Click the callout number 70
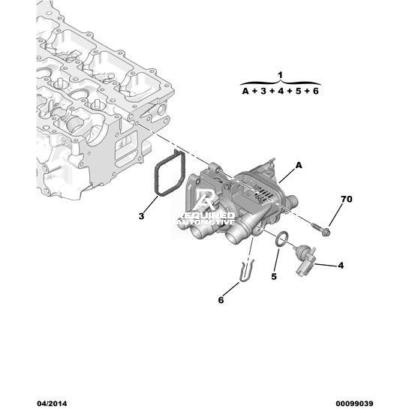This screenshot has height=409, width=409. [347, 199]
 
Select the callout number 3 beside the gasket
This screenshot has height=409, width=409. [141, 216]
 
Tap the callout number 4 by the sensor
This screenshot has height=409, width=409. [341, 266]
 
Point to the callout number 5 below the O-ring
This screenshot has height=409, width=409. [274, 276]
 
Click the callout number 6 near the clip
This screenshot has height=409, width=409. [221, 300]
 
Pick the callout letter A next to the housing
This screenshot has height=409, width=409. [299, 165]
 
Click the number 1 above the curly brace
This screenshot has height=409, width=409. [280, 75]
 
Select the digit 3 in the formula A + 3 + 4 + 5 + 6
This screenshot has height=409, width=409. [263, 91]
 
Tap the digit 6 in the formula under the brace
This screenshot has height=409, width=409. [316, 91]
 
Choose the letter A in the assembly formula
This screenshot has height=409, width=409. [245, 91]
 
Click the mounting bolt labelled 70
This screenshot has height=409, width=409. [321, 229]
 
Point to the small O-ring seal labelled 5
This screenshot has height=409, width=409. [283, 239]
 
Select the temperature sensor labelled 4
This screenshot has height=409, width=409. [305, 260]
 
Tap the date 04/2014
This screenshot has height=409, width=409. [52, 404]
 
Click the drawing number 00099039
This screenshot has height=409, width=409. [354, 404]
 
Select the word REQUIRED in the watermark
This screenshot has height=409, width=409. [208, 215]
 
